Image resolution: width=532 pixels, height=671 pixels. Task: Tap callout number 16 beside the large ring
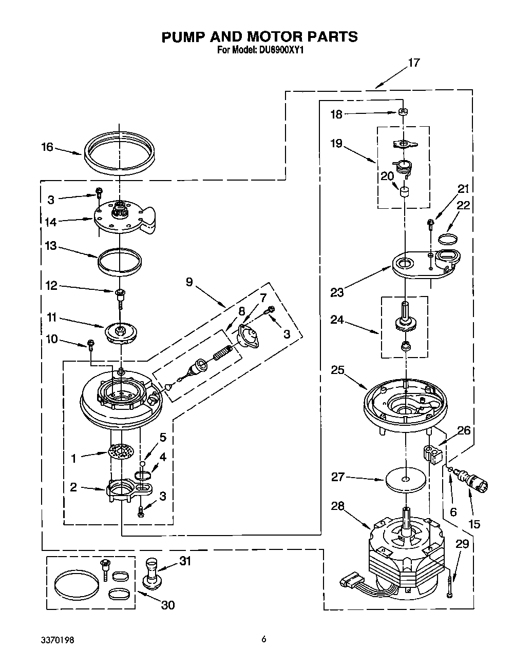47,147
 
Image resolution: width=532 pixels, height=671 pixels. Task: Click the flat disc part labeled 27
406,480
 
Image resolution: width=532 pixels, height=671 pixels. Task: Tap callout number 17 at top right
413,63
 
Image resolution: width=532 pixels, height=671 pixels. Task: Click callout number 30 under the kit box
168,605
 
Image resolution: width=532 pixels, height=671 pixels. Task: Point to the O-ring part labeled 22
448,238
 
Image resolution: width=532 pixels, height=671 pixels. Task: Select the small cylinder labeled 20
405,192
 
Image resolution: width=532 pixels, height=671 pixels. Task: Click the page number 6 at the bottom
263,639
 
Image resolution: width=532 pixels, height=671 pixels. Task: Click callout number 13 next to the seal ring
50,246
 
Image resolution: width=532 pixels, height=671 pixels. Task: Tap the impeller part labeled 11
121,331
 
